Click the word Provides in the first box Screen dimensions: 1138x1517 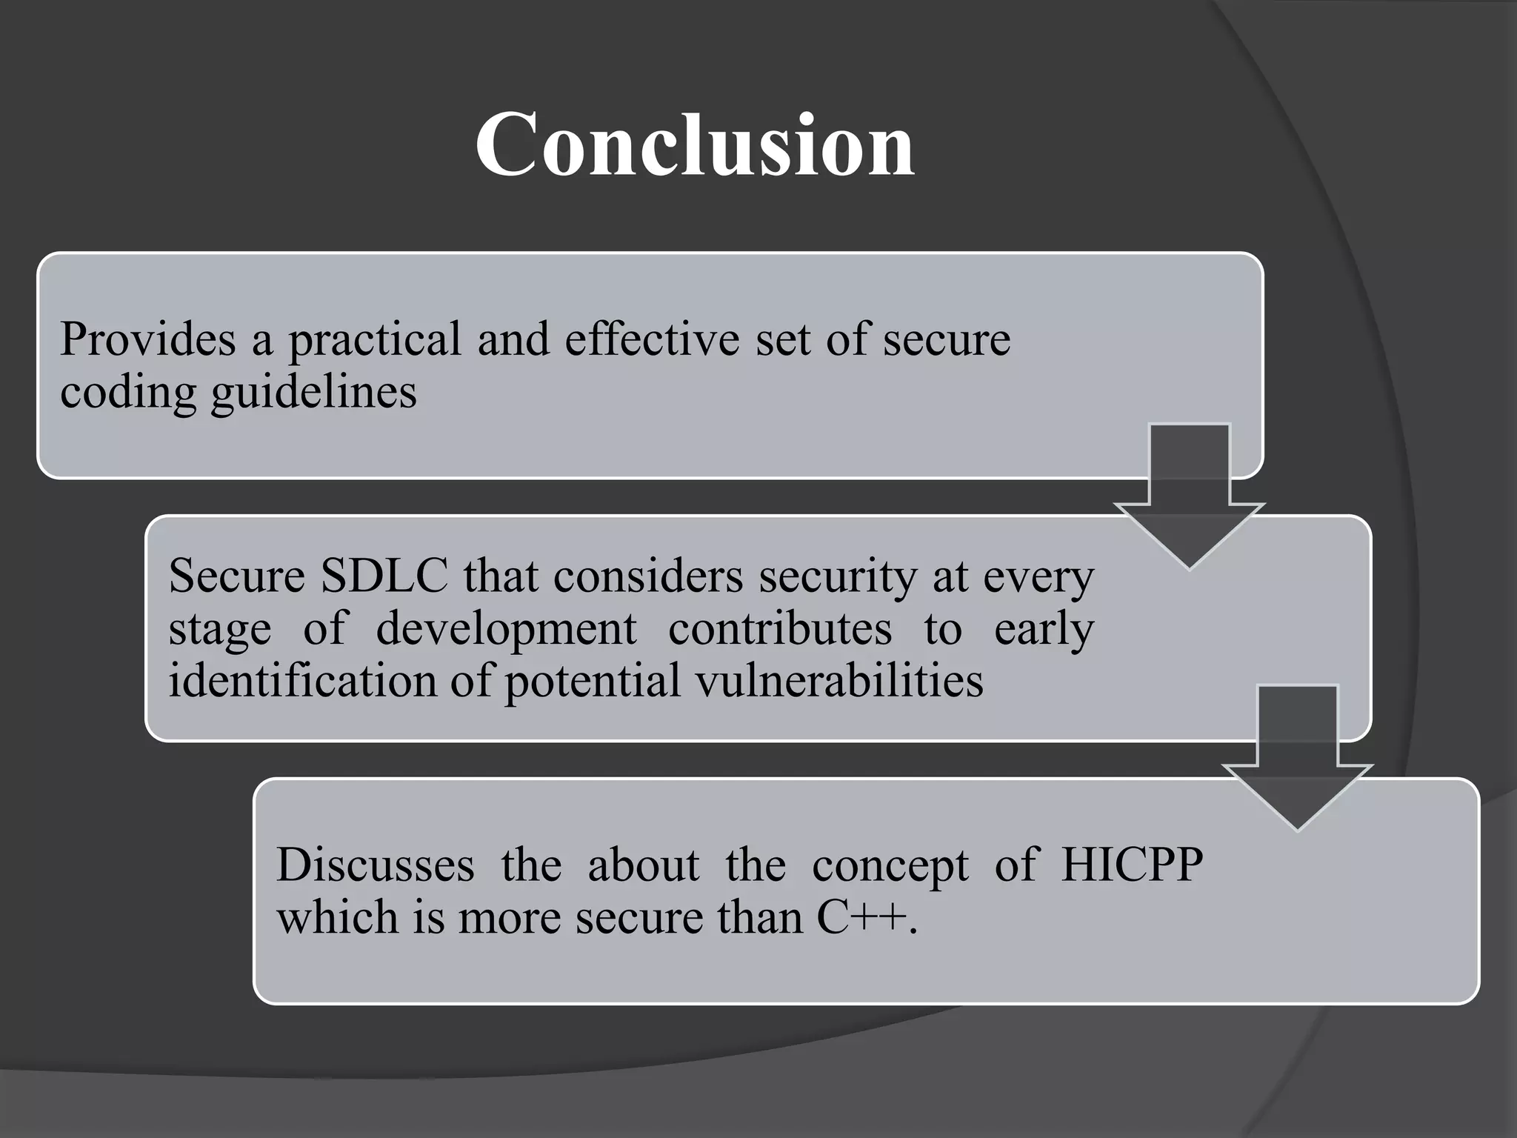[147, 339]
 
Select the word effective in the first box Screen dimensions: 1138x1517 [652, 339]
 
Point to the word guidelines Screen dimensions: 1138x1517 [313, 393]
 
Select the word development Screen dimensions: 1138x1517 [506, 630]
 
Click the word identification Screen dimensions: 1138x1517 [303, 680]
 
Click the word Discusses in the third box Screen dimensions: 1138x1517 [375, 865]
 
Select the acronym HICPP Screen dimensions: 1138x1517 [1132, 865]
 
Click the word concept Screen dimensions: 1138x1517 [890, 866]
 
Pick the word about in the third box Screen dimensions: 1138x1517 [643, 865]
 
